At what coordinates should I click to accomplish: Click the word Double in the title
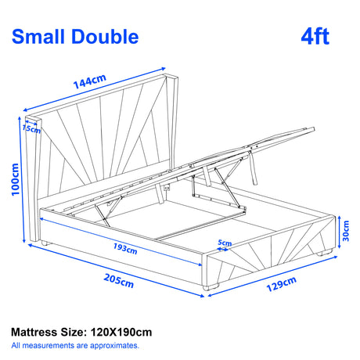(x=107, y=36)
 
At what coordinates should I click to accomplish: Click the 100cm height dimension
(x=11, y=181)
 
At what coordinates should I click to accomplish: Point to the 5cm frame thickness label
(x=225, y=243)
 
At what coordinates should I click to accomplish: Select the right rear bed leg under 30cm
(x=323, y=255)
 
